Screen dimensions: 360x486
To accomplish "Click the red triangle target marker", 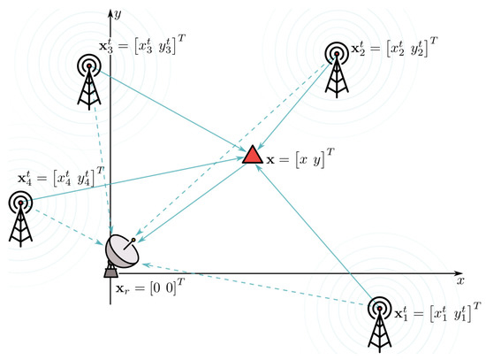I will (252, 156).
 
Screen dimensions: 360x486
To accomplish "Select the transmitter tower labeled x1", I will (379, 323).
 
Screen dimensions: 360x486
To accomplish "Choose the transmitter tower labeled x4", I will (20, 216).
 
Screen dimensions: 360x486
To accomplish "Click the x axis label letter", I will (460, 280).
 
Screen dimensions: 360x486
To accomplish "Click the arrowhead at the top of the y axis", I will (109, 11).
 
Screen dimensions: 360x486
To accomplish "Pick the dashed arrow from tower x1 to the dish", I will (256, 284).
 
